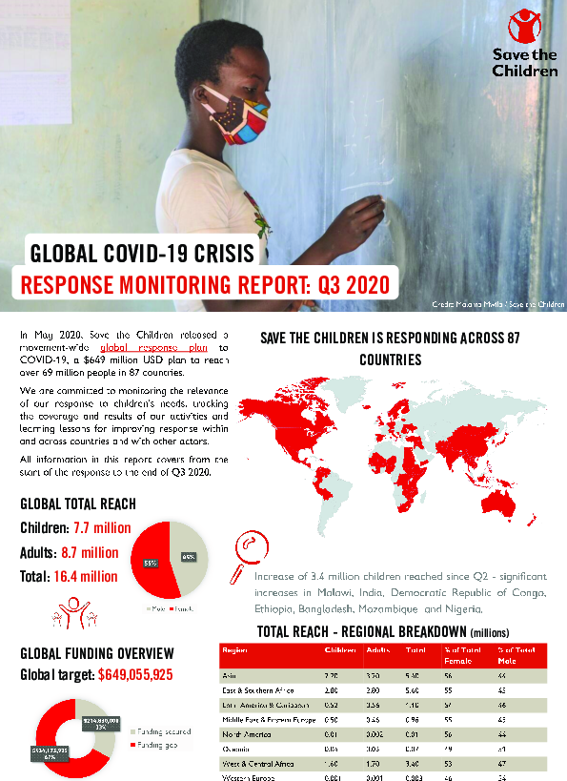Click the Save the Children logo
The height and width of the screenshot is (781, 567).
point(520,43)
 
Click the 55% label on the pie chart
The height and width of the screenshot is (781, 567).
point(151,564)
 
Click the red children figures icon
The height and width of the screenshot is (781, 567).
point(72,610)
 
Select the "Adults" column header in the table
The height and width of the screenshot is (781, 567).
point(378,650)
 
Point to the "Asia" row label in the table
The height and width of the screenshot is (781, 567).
point(229,674)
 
